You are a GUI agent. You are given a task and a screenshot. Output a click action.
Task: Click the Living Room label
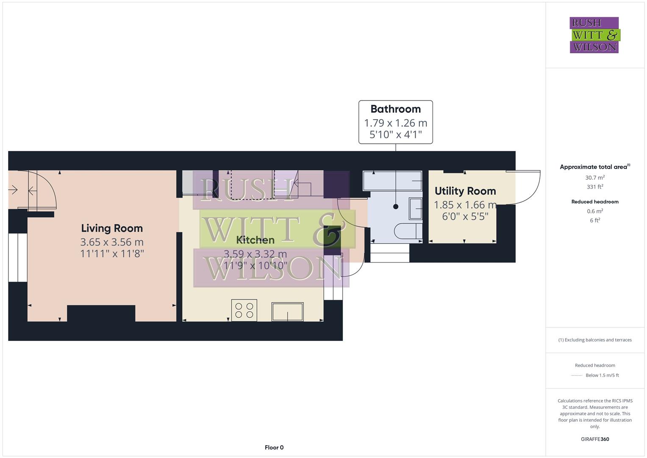pyautogui.click(x=112, y=228)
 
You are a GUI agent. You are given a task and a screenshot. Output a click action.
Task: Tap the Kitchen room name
pyautogui.click(x=255, y=240)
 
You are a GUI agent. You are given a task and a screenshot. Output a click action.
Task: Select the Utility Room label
pyautogui.click(x=465, y=191)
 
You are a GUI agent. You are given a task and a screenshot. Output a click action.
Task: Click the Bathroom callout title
pyautogui.click(x=395, y=109)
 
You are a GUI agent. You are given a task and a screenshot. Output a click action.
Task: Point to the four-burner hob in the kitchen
pyautogui.click(x=244, y=310)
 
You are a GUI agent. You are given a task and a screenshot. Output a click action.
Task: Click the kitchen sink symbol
pyautogui.click(x=287, y=312)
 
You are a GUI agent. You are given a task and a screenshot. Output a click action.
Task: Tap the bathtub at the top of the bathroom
pyautogui.click(x=392, y=181)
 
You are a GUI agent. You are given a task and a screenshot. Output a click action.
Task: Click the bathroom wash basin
pyautogui.click(x=416, y=209)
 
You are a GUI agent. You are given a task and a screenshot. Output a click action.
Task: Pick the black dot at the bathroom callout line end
pyautogui.click(x=396, y=207)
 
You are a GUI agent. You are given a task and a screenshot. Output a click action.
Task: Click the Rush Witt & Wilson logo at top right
pyautogui.click(x=594, y=35)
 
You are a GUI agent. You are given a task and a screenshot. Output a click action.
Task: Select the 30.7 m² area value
pyautogui.click(x=595, y=178)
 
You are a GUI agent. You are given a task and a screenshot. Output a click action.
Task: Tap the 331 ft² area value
pyautogui.click(x=595, y=187)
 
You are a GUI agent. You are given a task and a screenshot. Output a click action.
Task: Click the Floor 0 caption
pyautogui.click(x=274, y=447)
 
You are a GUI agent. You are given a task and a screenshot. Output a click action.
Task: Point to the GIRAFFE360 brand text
pyautogui.click(x=595, y=439)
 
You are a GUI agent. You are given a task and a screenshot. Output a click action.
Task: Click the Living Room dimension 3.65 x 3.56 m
pyautogui.click(x=112, y=242)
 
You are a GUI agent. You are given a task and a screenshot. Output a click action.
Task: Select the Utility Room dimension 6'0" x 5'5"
pyautogui.click(x=465, y=216)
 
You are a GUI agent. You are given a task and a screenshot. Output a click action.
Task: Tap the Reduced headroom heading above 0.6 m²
pyautogui.click(x=595, y=202)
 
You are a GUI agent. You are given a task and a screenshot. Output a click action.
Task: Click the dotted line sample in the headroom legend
pyautogui.click(x=577, y=375)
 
